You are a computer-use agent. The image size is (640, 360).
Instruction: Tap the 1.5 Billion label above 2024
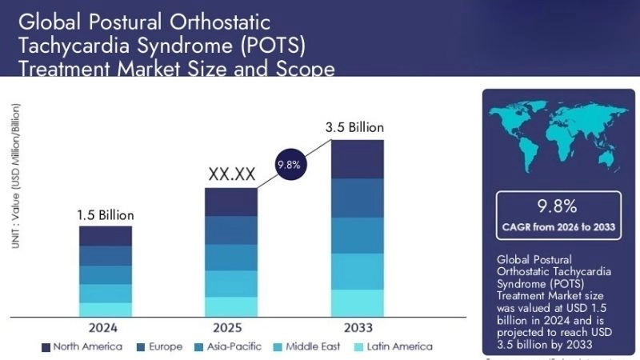point(105,215)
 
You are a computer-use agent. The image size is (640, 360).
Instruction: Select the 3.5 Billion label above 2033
point(358,128)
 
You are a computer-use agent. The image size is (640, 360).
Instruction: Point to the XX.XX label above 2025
point(232,174)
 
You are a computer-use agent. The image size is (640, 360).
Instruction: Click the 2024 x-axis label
point(105,328)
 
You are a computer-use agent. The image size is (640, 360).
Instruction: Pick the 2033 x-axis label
point(358,328)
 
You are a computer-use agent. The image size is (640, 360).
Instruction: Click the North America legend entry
point(82,346)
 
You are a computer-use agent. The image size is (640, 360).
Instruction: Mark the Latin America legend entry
point(393,346)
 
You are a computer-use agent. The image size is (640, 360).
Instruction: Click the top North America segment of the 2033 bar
point(358,158)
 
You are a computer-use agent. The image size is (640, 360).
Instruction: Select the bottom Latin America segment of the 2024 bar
point(105,310)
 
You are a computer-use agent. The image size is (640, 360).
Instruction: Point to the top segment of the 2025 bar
point(231,202)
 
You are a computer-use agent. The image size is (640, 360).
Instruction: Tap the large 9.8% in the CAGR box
point(558,207)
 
